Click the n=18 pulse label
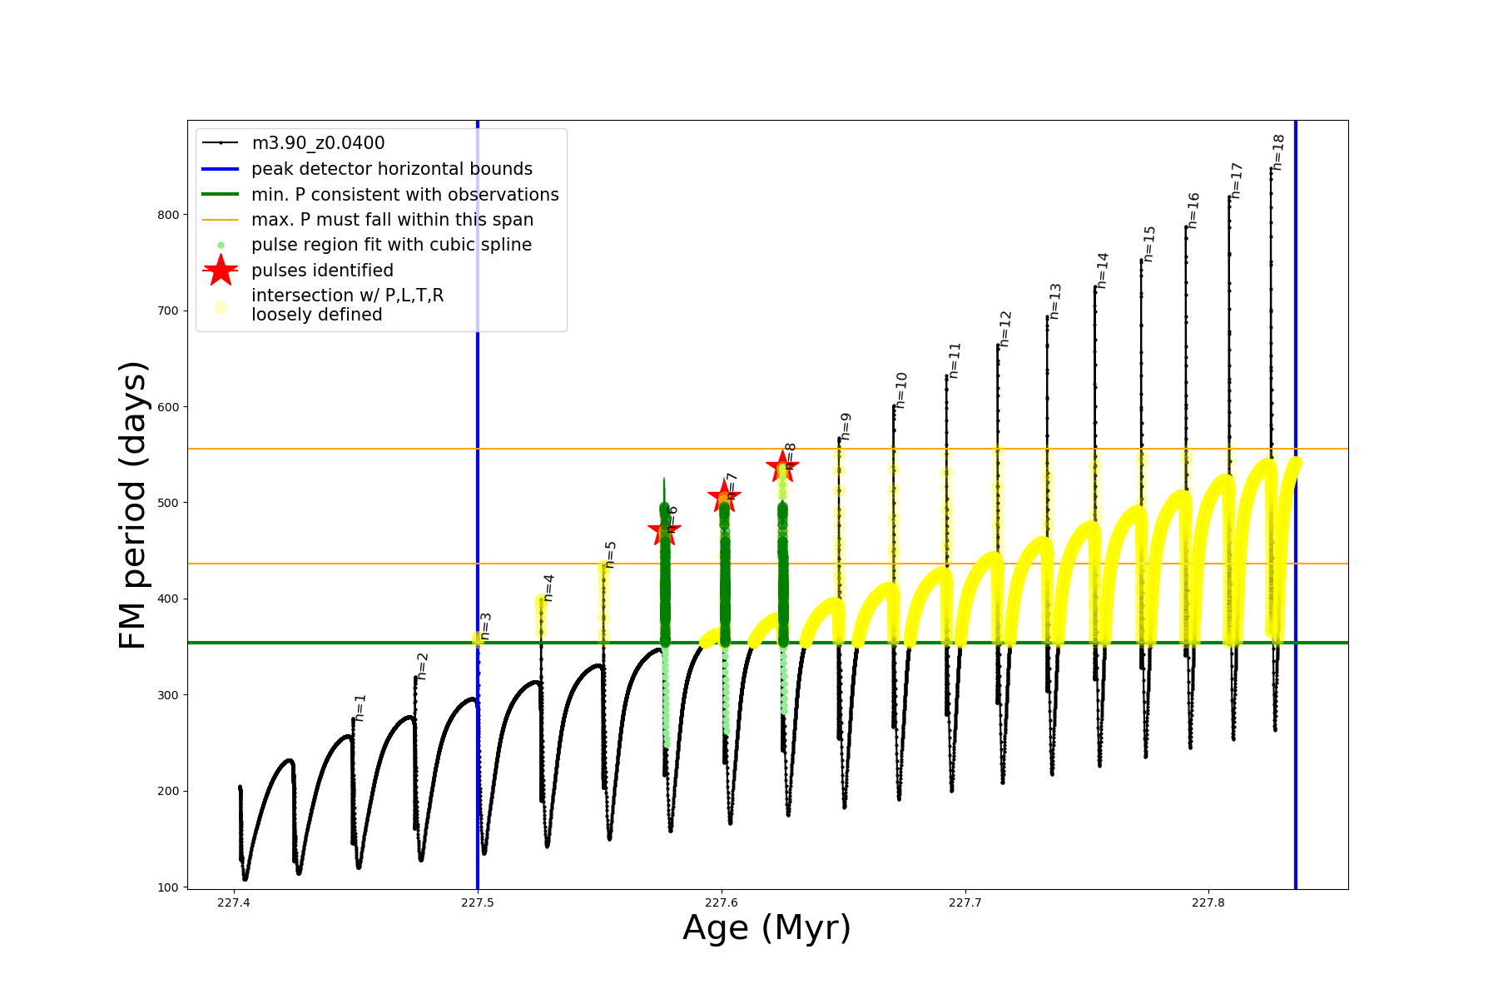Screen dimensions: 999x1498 (1279, 152)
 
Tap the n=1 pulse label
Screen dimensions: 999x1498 (360, 707)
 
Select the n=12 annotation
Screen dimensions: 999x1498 (1005, 328)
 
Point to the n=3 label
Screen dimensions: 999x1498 (486, 626)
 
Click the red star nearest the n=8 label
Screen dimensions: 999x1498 (782, 466)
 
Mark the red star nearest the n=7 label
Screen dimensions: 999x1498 (724, 498)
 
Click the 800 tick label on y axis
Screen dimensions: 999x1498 (168, 215)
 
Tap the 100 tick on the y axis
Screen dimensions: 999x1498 (168, 887)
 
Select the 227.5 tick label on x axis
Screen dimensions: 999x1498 (478, 902)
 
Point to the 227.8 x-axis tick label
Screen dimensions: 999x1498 (1208, 902)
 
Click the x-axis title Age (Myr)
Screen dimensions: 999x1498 (766, 928)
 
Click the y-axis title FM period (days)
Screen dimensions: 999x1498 (133, 504)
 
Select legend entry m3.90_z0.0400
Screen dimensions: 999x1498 (318, 143)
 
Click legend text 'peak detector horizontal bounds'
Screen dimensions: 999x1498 (392, 169)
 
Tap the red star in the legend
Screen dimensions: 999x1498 (221, 271)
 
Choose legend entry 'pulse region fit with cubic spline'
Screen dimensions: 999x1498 (391, 245)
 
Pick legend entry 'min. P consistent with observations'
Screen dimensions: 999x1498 (405, 195)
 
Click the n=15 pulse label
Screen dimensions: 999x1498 (1149, 243)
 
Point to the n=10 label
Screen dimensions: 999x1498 (901, 390)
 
